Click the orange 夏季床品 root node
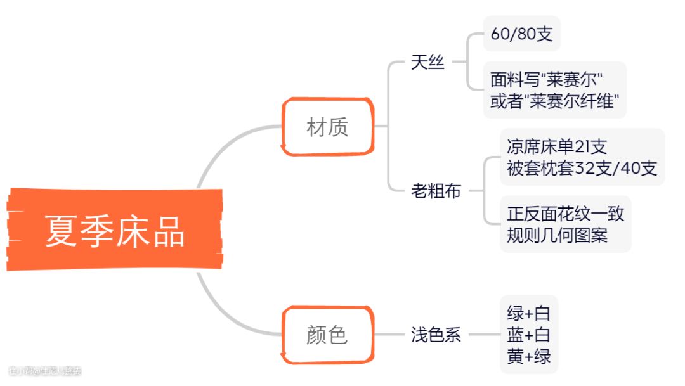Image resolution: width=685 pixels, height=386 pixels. (115, 230)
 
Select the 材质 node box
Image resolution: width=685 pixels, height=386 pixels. (327, 127)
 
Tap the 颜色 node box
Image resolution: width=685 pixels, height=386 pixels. (327, 335)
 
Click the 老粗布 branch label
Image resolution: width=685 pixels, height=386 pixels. (436, 190)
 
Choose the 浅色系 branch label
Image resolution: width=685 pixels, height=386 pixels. (436, 335)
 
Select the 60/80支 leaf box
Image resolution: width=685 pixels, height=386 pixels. (521, 34)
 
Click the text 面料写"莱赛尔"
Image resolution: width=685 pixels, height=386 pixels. (546, 79)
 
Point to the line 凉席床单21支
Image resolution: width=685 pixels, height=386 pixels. (557, 146)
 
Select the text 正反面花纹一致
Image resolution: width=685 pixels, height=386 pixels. (565, 214)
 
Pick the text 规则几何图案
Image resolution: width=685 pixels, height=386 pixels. (557, 235)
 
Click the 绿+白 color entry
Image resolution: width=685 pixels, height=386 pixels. (529, 312)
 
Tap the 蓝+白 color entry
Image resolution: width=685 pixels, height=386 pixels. (529, 334)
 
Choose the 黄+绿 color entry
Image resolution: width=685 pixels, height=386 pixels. (529, 356)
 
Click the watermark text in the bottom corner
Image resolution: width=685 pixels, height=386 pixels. (45, 371)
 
